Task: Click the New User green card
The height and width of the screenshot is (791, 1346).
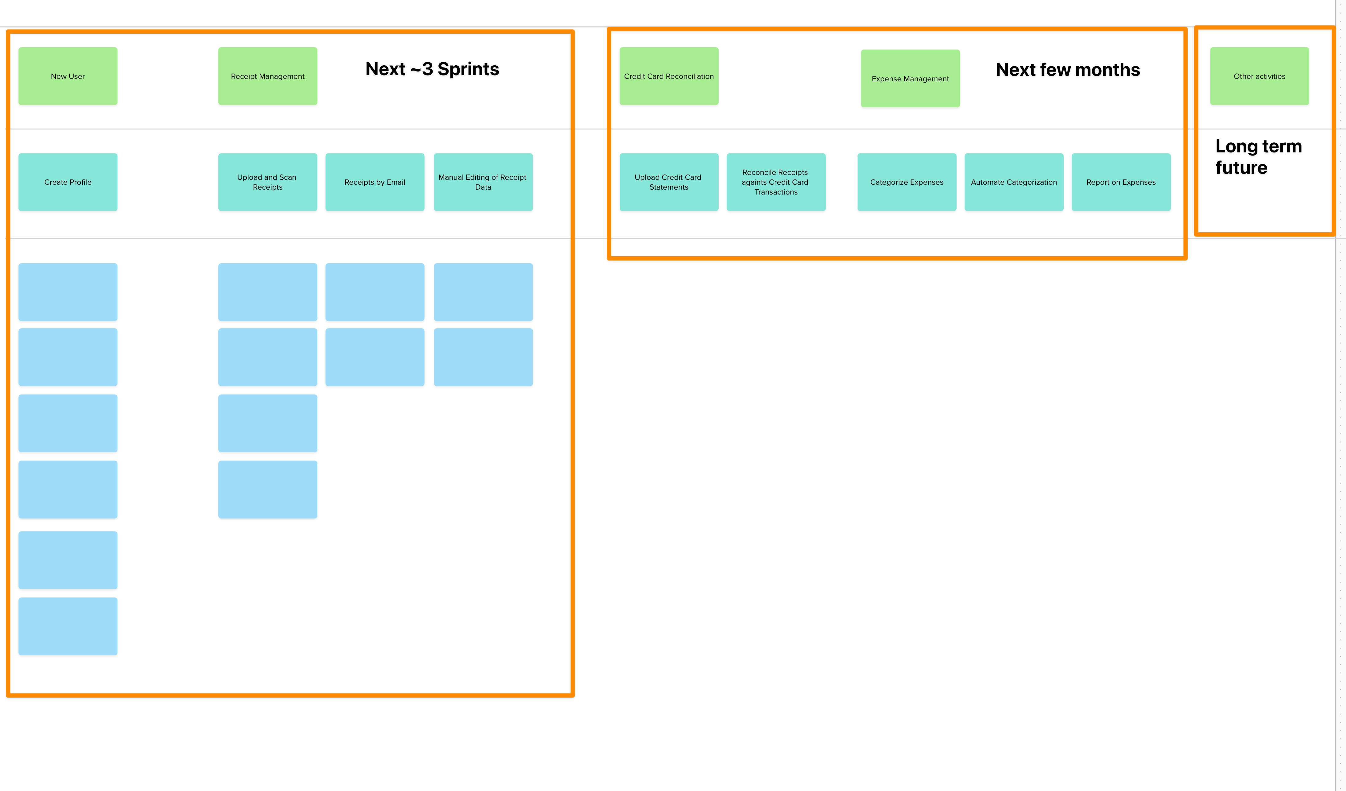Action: pyautogui.click(x=68, y=76)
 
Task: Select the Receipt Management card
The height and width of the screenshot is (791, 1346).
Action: pyautogui.click(x=268, y=76)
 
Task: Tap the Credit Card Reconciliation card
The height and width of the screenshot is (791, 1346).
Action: pyautogui.click(x=669, y=76)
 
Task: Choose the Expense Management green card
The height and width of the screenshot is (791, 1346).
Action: pyautogui.click(x=910, y=79)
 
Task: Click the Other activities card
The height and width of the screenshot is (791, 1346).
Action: pyautogui.click(x=1259, y=76)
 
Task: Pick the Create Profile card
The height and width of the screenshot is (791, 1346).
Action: pyautogui.click(x=68, y=182)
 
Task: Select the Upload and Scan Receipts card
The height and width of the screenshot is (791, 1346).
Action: pyautogui.click(x=268, y=182)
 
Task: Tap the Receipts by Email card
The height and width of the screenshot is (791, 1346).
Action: pyautogui.click(x=374, y=182)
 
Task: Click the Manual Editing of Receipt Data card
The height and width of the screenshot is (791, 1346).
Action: pyautogui.click(x=483, y=182)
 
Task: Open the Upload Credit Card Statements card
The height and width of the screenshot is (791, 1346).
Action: pyautogui.click(x=669, y=182)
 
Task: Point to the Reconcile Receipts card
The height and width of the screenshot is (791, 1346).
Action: pyautogui.click(x=775, y=182)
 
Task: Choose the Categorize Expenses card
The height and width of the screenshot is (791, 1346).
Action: pyautogui.click(x=906, y=182)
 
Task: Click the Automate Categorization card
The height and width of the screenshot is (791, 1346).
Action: pyautogui.click(x=1014, y=182)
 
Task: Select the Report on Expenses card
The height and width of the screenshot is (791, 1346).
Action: pyautogui.click(x=1121, y=182)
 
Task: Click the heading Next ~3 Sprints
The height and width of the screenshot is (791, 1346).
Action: pyautogui.click(x=432, y=69)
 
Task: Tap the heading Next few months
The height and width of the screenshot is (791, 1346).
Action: pyautogui.click(x=1068, y=69)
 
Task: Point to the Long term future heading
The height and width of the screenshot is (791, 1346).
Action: pyautogui.click(x=1258, y=156)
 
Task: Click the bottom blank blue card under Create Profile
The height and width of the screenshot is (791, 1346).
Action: pyautogui.click(x=68, y=626)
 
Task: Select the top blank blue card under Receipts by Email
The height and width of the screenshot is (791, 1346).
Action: pyautogui.click(x=374, y=292)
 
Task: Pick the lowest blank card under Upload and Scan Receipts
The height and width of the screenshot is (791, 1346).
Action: pyautogui.click(x=268, y=489)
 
